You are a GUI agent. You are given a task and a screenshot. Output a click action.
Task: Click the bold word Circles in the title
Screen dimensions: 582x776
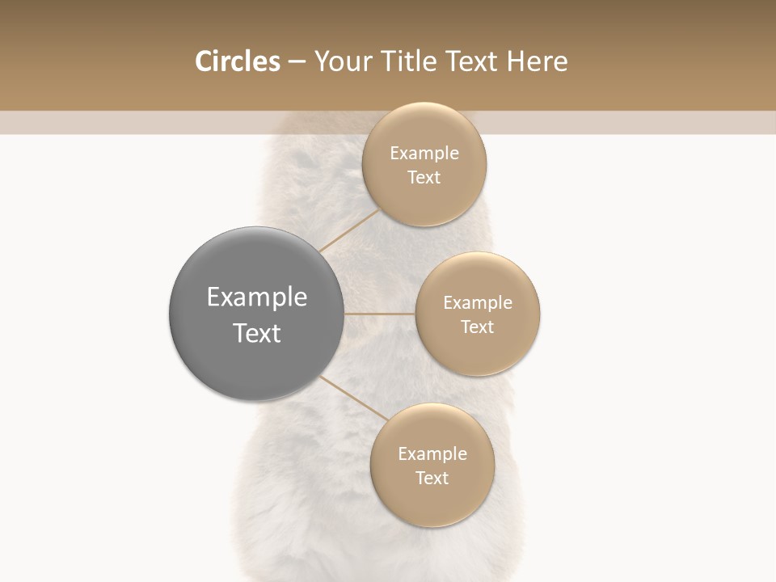(x=238, y=61)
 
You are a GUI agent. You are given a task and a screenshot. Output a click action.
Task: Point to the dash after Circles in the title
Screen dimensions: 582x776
(x=297, y=62)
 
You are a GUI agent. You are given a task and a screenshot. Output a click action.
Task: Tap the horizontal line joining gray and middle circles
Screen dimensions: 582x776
(x=380, y=314)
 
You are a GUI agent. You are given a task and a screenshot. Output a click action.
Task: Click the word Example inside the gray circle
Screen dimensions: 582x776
(x=257, y=297)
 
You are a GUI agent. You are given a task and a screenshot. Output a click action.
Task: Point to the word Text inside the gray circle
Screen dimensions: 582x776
(x=257, y=333)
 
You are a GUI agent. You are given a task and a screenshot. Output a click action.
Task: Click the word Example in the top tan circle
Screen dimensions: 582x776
(x=424, y=153)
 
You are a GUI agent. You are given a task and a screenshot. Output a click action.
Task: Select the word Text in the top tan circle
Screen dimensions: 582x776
(x=424, y=177)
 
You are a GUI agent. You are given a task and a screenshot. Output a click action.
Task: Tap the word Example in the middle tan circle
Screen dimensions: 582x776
(x=478, y=302)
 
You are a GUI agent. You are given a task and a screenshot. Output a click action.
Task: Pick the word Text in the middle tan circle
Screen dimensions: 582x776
(x=478, y=327)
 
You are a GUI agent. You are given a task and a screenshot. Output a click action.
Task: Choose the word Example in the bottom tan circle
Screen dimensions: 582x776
(x=432, y=453)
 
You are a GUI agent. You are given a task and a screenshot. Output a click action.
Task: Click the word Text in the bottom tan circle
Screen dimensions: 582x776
(x=432, y=478)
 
